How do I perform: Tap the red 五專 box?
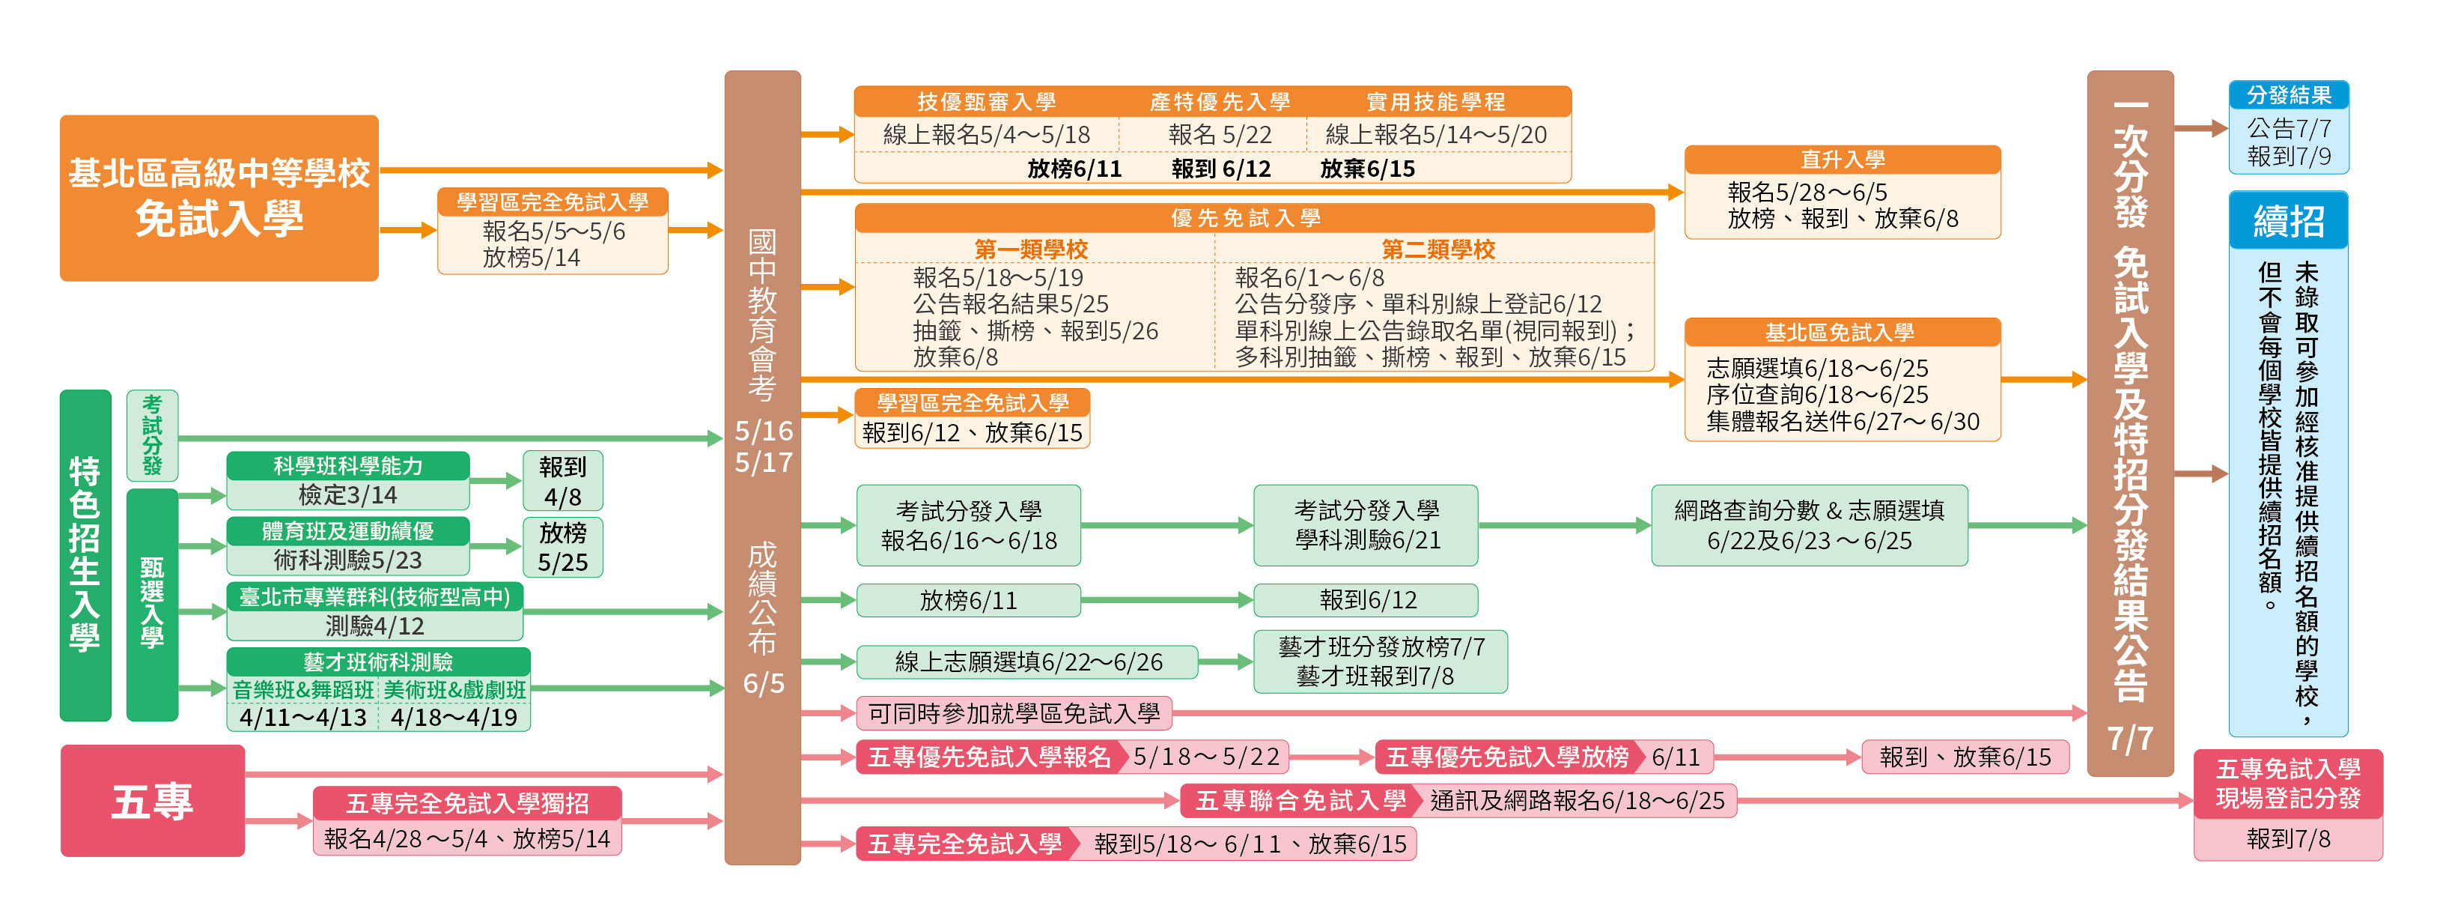coord(152,801)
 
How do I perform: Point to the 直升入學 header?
coord(1842,160)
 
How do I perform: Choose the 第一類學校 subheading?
coord(1031,249)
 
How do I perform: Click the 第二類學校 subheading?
coord(1437,249)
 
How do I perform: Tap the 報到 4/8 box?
coord(562,481)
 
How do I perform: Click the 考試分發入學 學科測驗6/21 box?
coord(1366,525)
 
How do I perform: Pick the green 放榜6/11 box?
coord(967,600)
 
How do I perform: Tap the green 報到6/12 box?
coord(1366,600)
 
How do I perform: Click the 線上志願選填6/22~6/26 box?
coord(1027,662)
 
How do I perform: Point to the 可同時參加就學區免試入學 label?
coord(1013,713)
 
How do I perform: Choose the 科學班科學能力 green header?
coord(347,466)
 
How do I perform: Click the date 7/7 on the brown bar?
coord(2130,738)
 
